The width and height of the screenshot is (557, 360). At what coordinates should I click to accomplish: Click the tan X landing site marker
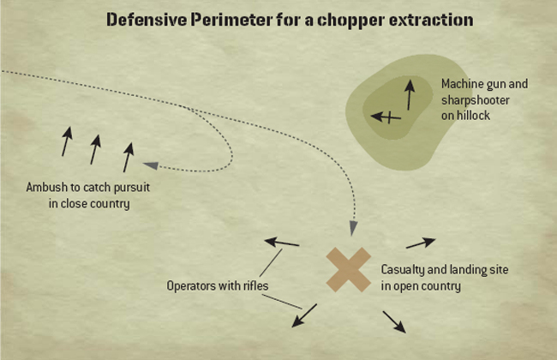coord(349,270)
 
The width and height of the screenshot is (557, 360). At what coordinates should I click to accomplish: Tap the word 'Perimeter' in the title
coord(231,20)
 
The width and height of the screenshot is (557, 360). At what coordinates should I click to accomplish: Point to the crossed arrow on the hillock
coord(386,117)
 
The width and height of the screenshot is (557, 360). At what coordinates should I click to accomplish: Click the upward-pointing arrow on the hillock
coord(410,94)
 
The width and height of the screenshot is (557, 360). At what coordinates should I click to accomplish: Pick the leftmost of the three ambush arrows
coord(67,141)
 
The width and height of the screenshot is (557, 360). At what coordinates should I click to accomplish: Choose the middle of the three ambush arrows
coord(95,150)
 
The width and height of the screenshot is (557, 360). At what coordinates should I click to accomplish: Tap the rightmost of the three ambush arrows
coord(129,158)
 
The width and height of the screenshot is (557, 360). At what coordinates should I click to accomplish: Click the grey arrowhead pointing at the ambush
coord(150,165)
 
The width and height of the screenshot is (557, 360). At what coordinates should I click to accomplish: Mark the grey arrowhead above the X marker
coord(353,228)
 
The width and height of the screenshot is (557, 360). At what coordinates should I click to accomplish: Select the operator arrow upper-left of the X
coord(282,243)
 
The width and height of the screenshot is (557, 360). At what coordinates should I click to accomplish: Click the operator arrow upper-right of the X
coord(421,243)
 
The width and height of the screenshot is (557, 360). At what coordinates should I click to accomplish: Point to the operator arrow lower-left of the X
coord(304,315)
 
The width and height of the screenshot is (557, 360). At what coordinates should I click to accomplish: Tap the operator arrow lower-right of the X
coord(394,322)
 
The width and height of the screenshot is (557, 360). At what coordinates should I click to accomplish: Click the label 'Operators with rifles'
coord(218,285)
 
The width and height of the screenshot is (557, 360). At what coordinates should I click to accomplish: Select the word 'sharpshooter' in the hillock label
coord(476,100)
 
